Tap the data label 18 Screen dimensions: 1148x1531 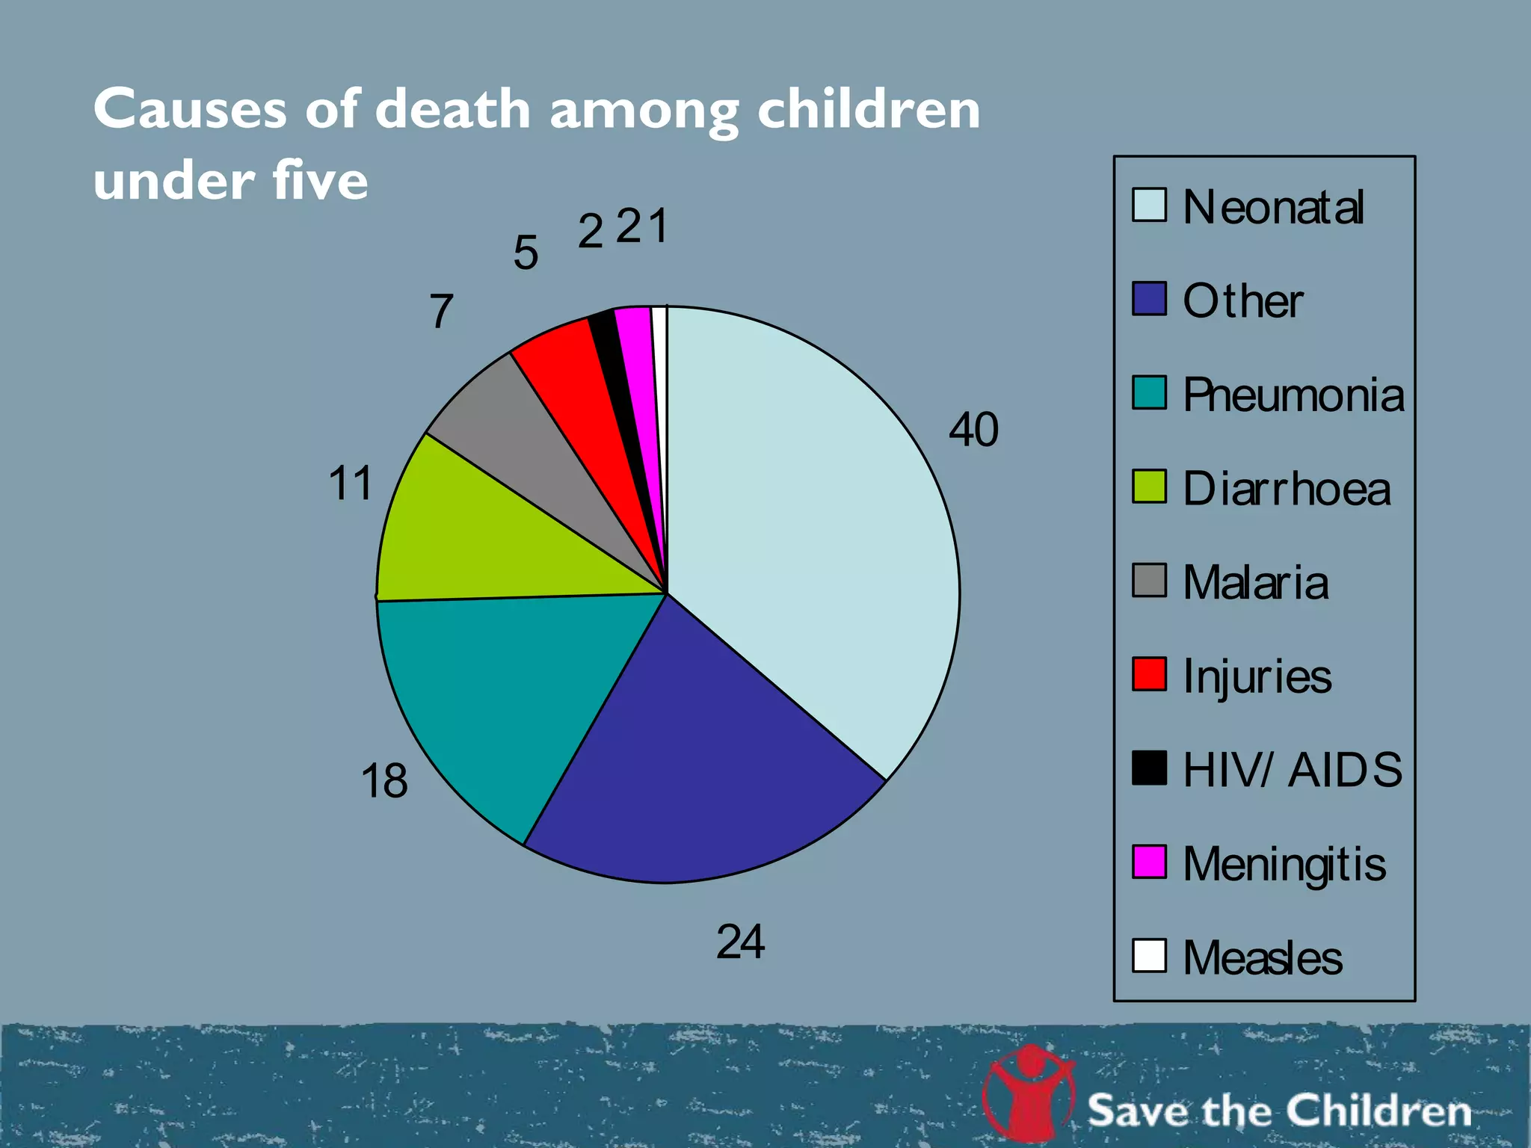[384, 781]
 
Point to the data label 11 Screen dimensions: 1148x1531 [350, 484]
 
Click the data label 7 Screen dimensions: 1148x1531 [441, 311]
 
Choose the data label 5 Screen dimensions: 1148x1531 [526, 253]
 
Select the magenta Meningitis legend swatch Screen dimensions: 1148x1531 [1149, 862]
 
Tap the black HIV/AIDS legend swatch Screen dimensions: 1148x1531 [1149, 768]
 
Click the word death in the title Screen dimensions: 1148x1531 [453, 109]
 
